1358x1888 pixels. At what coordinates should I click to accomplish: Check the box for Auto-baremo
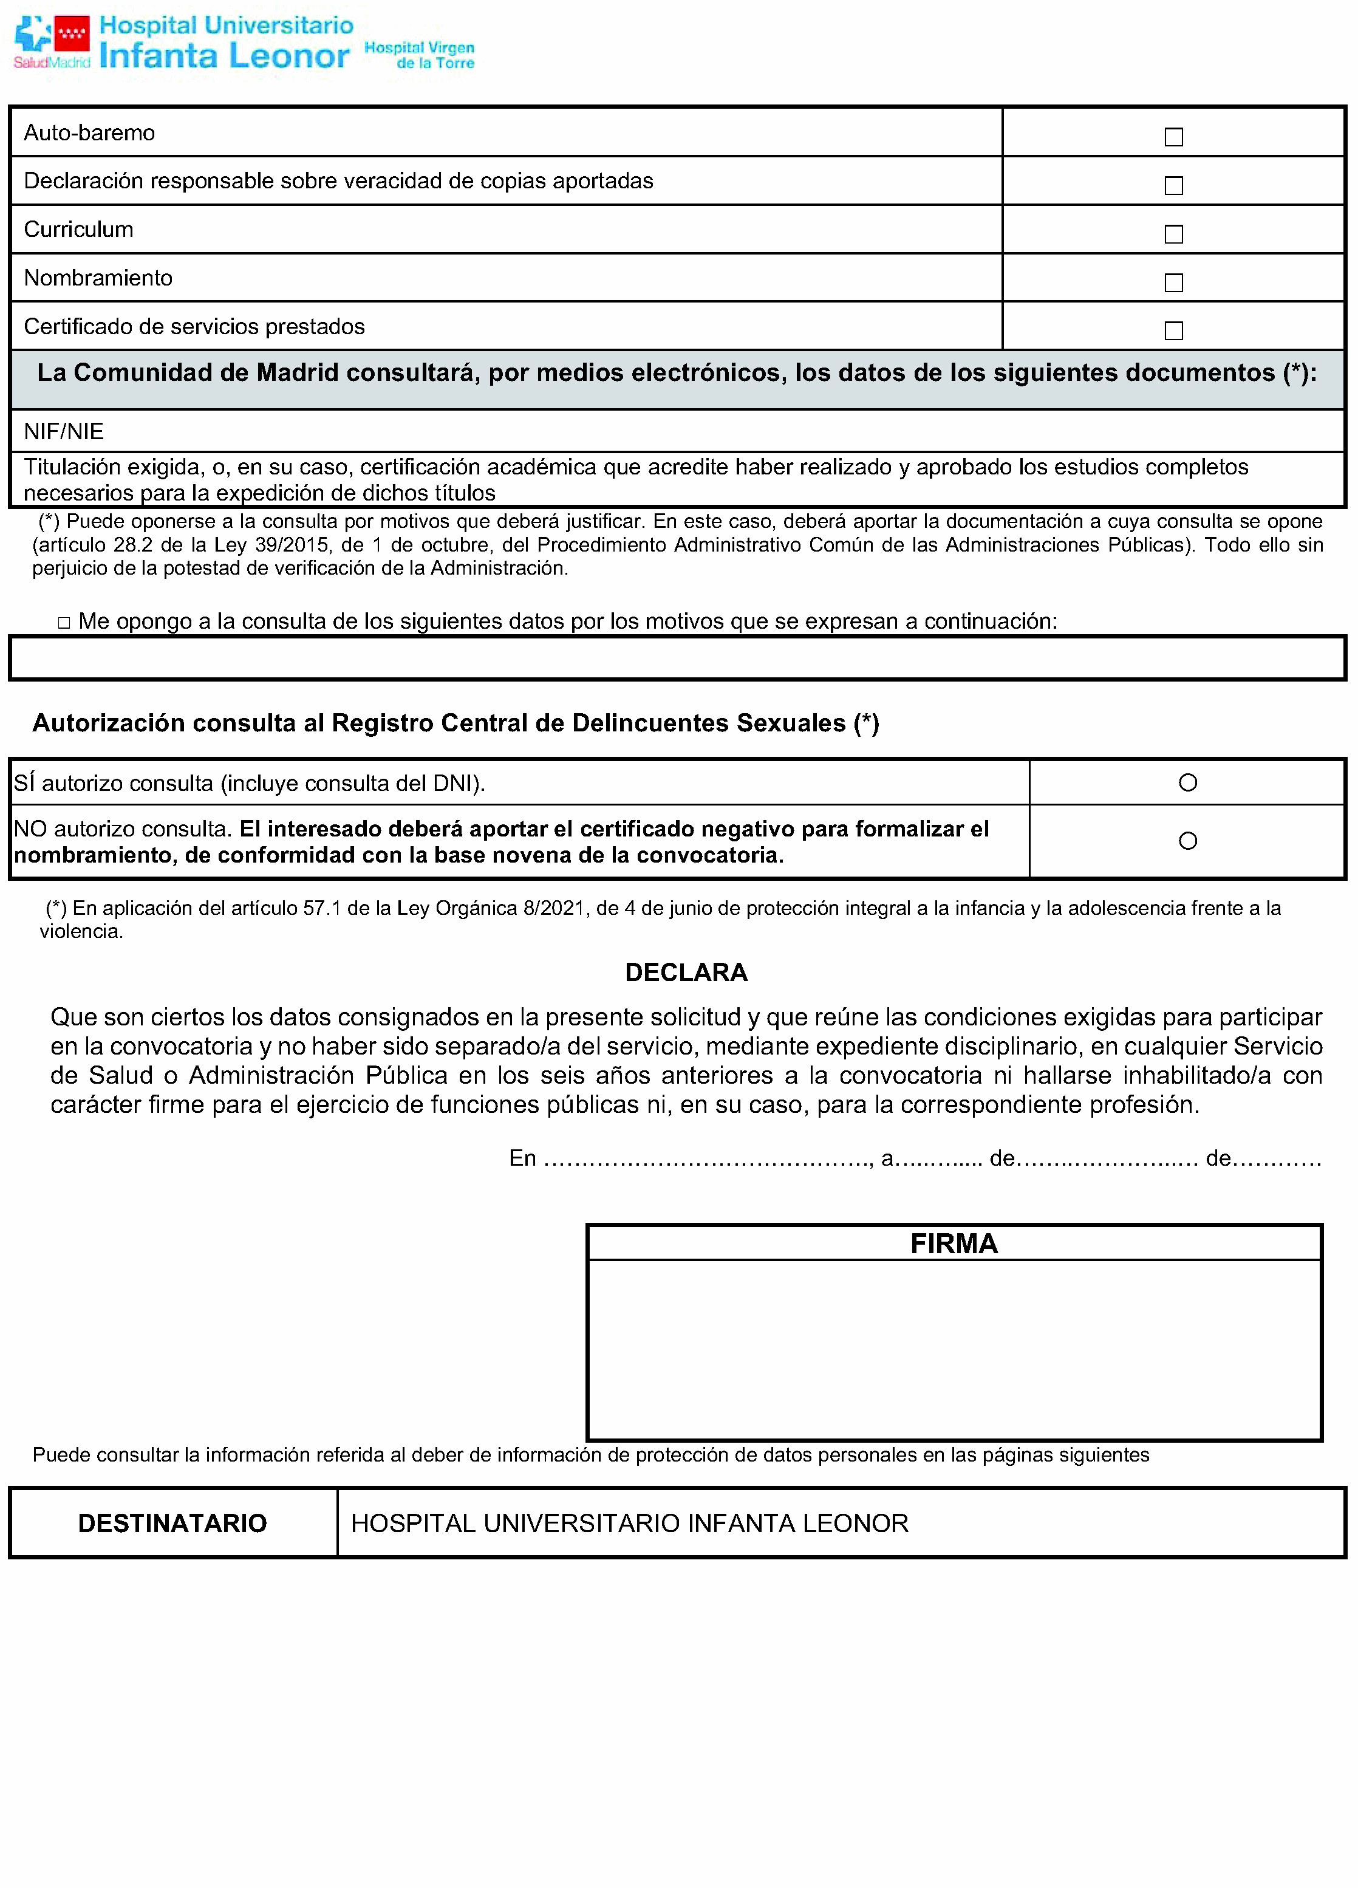coord(1173,137)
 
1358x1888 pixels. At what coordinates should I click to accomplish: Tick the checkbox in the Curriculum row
coord(1173,234)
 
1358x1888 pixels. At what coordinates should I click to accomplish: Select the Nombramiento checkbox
coord(1173,283)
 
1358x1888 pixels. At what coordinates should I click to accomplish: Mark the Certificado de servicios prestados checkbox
coord(1173,330)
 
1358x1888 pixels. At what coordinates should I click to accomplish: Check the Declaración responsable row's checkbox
coord(1173,185)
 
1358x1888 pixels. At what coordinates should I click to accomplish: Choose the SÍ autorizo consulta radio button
coord(1187,782)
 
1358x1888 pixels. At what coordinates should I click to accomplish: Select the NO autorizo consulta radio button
coord(1187,841)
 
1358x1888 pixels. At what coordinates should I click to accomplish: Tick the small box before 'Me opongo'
coord(64,623)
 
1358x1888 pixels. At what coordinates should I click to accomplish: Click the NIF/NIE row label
coord(64,431)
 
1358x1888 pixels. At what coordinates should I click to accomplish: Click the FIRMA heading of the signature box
coord(954,1243)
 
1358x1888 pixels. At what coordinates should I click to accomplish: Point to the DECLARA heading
coord(686,973)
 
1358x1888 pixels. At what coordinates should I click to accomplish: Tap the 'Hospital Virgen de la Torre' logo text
coord(420,55)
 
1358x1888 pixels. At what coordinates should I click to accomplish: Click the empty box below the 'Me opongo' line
coord(677,658)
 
